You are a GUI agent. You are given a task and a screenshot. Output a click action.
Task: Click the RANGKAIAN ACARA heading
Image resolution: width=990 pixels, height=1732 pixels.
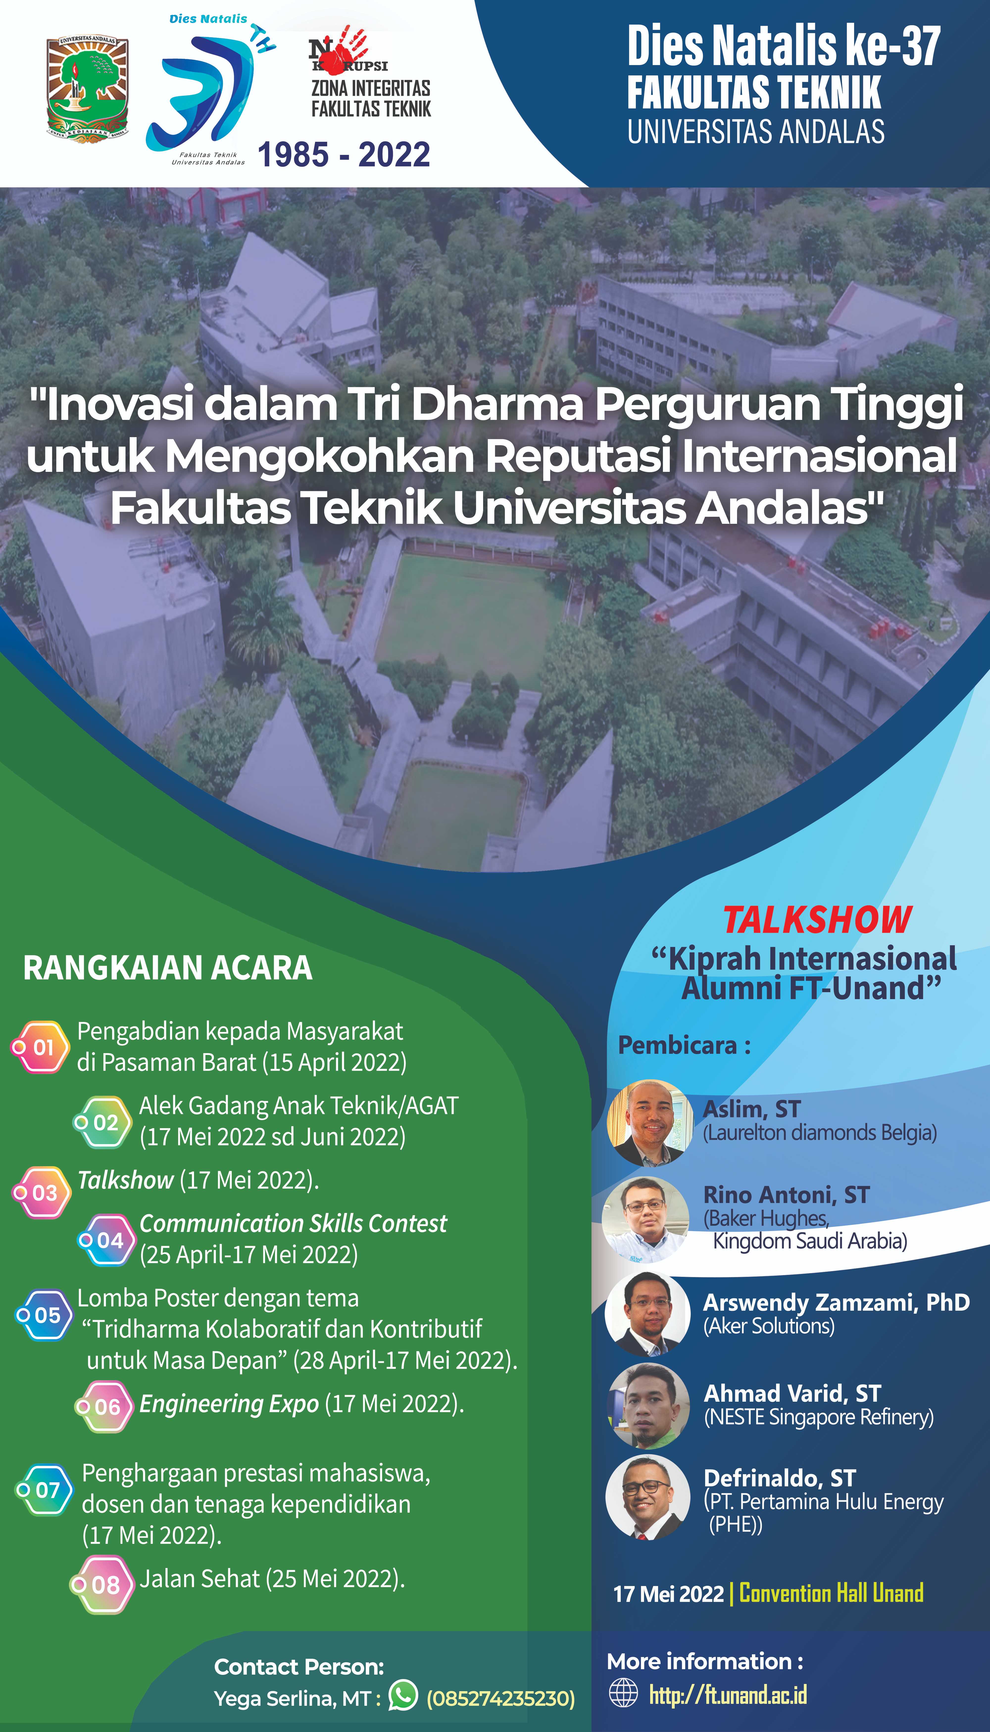pyautogui.click(x=168, y=968)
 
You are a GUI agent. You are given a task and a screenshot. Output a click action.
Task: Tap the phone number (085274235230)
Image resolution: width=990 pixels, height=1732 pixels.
pyautogui.click(x=500, y=1698)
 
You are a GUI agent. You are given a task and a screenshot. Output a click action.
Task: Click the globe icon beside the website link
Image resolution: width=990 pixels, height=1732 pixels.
pyautogui.click(x=623, y=1693)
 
